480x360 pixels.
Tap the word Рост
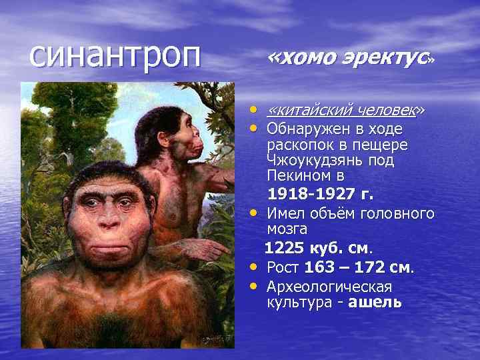click(x=283, y=268)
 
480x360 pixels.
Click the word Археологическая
click(x=329, y=287)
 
